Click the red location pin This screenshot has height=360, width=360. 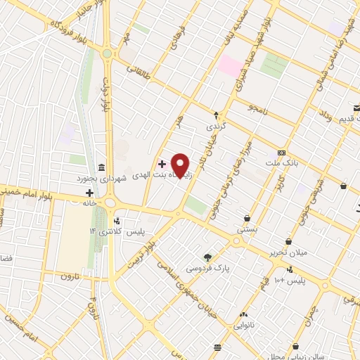[181, 165]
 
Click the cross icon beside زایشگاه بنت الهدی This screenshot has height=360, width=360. [162, 163]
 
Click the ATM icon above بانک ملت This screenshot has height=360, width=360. [282, 153]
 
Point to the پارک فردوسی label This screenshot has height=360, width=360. [208, 268]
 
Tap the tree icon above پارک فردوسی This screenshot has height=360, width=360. [207, 257]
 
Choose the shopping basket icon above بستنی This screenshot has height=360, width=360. [248, 218]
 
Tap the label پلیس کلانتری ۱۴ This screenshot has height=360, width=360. [116, 231]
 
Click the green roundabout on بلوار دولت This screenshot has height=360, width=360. [107, 53]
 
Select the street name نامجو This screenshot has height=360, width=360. [259, 109]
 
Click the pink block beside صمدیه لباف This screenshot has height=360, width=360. [230, 65]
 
